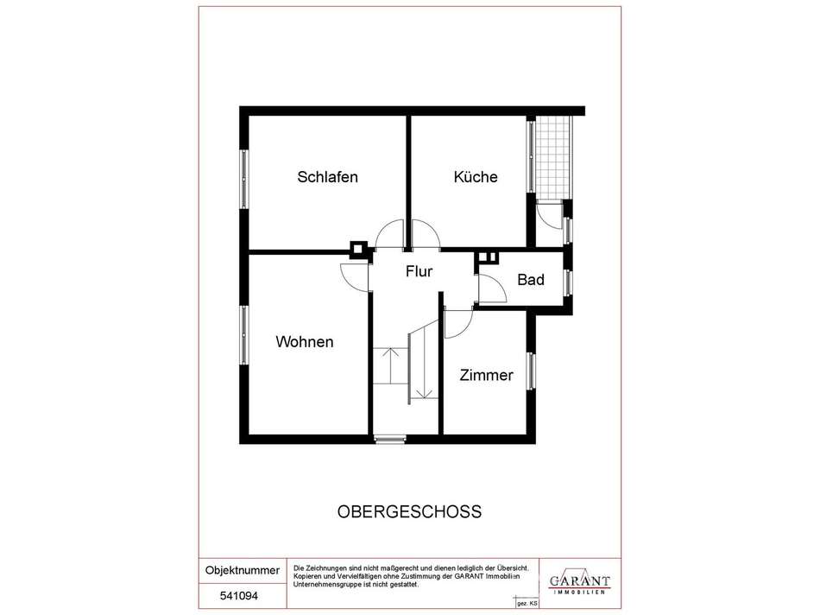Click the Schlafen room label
pos(327,177)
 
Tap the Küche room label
pos(476,177)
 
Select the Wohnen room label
pos(305,342)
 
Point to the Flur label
pos(419,271)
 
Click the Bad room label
pos(531,280)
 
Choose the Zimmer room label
pos(486,375)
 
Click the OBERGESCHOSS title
pos(409,511)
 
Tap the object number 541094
pos(239,596)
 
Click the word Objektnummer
pos(243,570)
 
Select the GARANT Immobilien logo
pos(579,582)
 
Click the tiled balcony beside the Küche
pos(552,157)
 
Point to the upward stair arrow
pos(389,365)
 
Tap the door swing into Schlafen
pos(389,233)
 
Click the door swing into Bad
pos(492,288)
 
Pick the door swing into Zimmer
pos(458,324)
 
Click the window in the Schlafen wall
pos(243,180)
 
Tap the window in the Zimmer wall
pos(532,371)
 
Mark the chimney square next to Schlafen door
pos(359,250)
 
